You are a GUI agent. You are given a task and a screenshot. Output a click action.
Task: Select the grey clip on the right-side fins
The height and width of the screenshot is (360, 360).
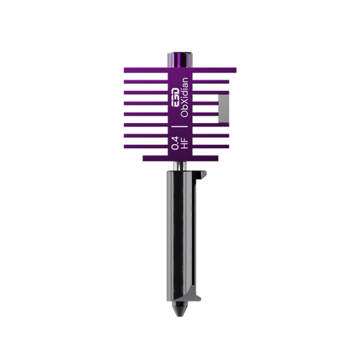pos(223,110)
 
